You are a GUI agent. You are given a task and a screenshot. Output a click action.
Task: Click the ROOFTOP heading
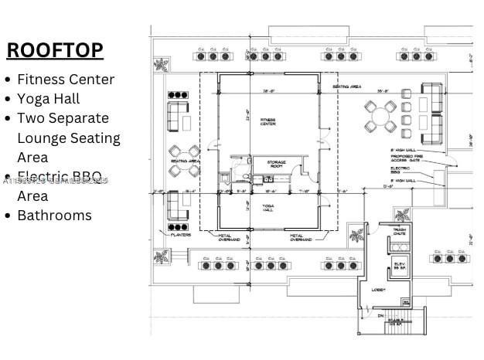[55, 50]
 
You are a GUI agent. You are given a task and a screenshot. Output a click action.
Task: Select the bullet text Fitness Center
[66, 79]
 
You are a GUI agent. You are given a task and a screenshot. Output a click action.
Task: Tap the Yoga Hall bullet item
[48, 98]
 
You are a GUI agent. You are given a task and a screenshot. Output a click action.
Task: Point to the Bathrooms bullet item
[54, 215]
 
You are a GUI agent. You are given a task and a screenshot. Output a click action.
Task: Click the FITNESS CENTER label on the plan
[268, 121]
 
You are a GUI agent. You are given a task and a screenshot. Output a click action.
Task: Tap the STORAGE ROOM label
[276, 164]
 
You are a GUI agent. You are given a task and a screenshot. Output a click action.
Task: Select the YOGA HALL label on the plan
[268, 207]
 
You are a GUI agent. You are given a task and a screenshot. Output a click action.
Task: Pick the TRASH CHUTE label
[400, 231]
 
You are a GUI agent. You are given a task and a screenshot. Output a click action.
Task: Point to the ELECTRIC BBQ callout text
[400, 169]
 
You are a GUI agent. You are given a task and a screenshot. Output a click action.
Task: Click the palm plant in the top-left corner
[162, 64]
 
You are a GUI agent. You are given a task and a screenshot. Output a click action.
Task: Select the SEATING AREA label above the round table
[346, 87]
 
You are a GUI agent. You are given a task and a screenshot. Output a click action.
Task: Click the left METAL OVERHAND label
[230, 238]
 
